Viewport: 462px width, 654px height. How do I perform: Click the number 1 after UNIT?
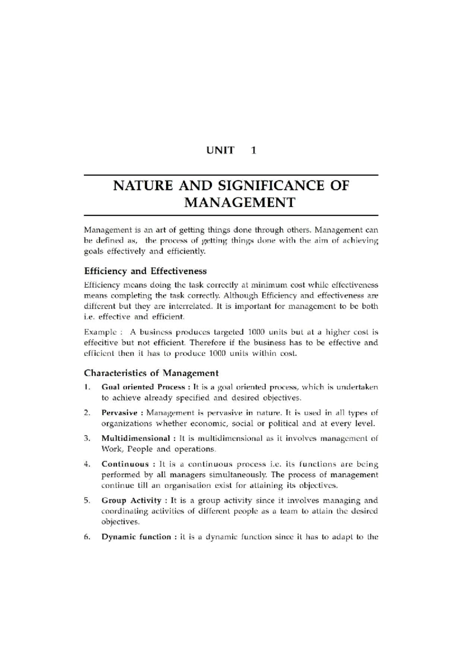tap(253, 150)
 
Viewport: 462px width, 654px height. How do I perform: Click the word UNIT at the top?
tap(220, 150)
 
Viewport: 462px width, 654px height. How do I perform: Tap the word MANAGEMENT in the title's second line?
tap(239, 202)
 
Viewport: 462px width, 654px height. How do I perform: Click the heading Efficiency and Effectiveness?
tap(145, 271)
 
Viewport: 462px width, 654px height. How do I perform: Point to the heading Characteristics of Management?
tap(151, 373)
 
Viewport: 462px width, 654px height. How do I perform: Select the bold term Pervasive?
tap(119, 413)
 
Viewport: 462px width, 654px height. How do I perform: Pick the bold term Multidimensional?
tap(136, 438)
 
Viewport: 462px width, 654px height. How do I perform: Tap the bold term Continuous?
tap(125, 464)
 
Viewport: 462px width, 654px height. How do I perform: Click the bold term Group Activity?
tap(131, 501)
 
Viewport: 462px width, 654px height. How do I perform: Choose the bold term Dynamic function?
tap(136, 537)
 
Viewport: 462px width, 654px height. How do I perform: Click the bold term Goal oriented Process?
tap(143, 387)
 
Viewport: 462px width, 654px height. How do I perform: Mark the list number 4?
tap(87, 464)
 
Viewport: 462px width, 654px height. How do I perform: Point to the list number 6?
tap(87, 537)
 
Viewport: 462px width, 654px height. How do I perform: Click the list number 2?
tap(87, 413)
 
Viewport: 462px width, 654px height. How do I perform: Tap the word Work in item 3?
tap(110, 449)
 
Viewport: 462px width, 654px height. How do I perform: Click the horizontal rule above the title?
tap(231, 175)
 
